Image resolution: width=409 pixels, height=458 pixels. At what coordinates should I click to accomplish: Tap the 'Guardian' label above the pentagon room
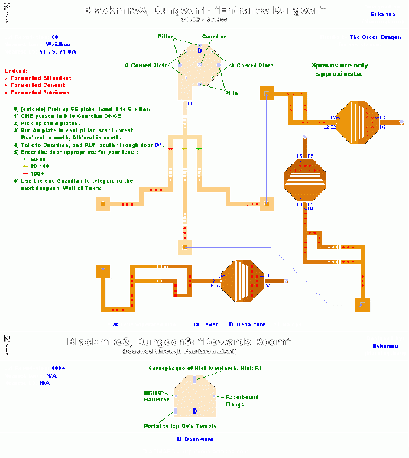click(213, 37)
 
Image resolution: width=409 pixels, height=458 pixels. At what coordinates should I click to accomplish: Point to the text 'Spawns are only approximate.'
click(337, 70)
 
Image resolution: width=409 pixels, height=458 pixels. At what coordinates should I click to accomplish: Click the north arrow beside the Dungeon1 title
click(7, 11)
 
